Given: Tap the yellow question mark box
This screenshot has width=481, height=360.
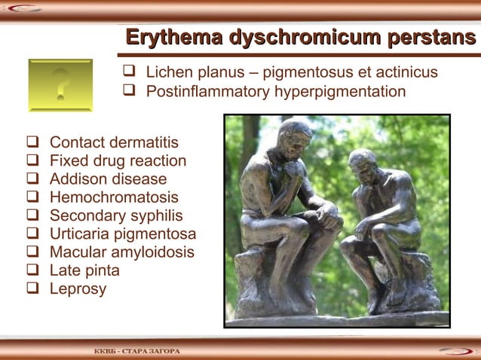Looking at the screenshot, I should click(x=60, y=85).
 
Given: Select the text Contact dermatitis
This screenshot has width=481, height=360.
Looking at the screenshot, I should click(x=114, y=143).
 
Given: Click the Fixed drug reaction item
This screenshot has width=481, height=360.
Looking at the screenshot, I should click(x=118, y=161).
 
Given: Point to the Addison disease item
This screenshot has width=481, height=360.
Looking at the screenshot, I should click(x=108, y=179).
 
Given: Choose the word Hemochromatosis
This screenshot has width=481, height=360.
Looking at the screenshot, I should click(x=114, y=197).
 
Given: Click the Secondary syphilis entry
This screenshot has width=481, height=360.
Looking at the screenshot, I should click(x=116, y=215).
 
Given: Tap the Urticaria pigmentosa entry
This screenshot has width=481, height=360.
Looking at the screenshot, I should click(x=122, y=234).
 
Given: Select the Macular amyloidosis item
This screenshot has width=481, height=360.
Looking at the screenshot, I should click(x=121, y=252).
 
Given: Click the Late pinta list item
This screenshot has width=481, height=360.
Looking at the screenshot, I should click(x=84, y=270).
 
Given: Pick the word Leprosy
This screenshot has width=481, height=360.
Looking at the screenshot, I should click(x=78, y=288).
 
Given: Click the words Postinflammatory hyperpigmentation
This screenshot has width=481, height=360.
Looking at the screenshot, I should click(x=275, y=92).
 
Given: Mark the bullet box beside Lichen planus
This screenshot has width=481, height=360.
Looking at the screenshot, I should click(x=128, y=73).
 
